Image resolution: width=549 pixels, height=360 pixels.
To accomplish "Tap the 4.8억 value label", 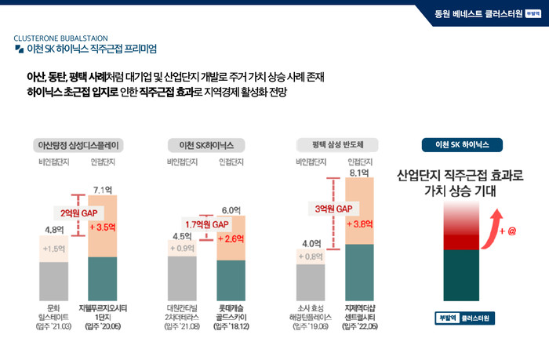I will click(53, 230).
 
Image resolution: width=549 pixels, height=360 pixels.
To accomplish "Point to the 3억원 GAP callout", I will click(333, 209).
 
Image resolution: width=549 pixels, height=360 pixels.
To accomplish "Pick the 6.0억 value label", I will click(231, 210).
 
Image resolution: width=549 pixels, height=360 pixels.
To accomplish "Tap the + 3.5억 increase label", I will click(104, 227).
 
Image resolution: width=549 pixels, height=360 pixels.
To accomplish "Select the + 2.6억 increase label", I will click(231, 238).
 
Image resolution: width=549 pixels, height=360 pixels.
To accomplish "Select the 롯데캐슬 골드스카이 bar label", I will click(231, 313).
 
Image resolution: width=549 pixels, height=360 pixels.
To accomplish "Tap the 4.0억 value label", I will click(311, 243).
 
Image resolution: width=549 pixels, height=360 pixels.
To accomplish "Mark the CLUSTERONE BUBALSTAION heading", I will click(66, 38).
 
